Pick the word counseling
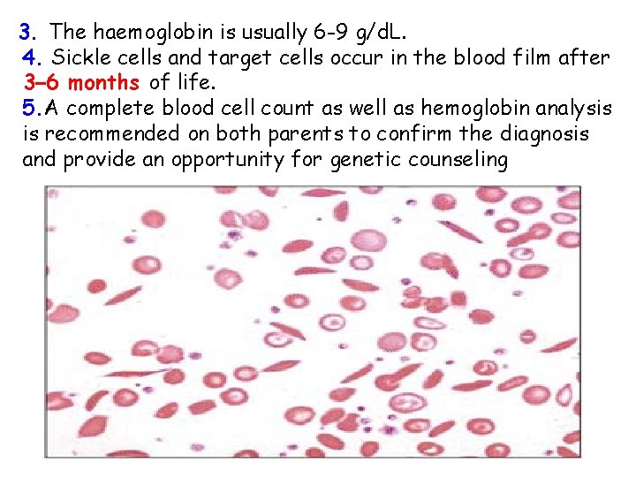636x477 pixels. click(x=457, y=160)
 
